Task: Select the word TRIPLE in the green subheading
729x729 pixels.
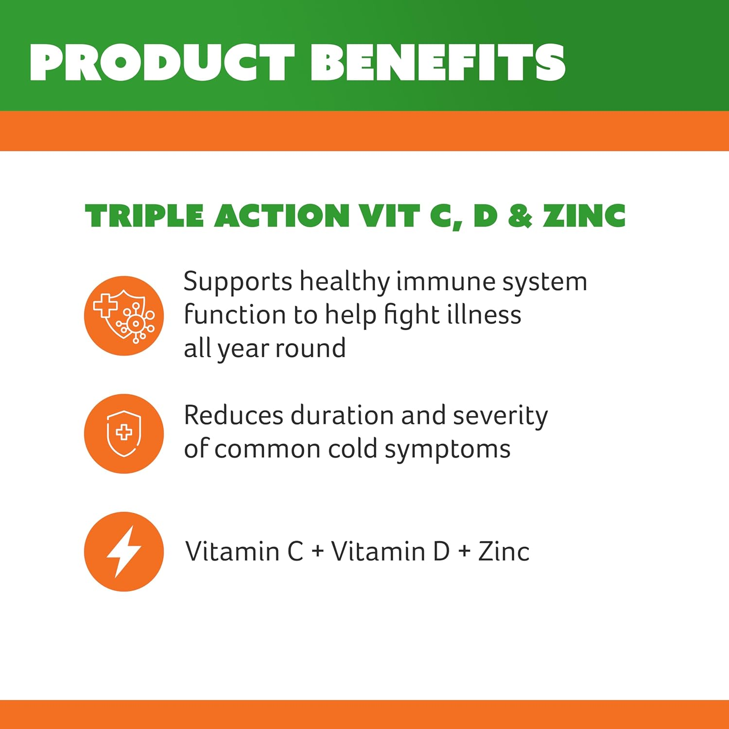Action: point(144,216)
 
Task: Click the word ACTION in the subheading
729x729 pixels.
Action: point(282,216)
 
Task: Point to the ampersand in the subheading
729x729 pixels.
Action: point(521,216)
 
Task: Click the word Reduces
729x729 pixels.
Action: point(233,416)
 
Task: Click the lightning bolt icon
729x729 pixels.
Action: point(123,552)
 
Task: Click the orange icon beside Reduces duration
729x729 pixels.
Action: point(123,434)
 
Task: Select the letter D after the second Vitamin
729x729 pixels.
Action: point(441,552)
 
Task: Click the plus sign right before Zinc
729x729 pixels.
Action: point(465,552)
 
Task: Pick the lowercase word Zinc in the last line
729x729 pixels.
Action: point(504,552)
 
